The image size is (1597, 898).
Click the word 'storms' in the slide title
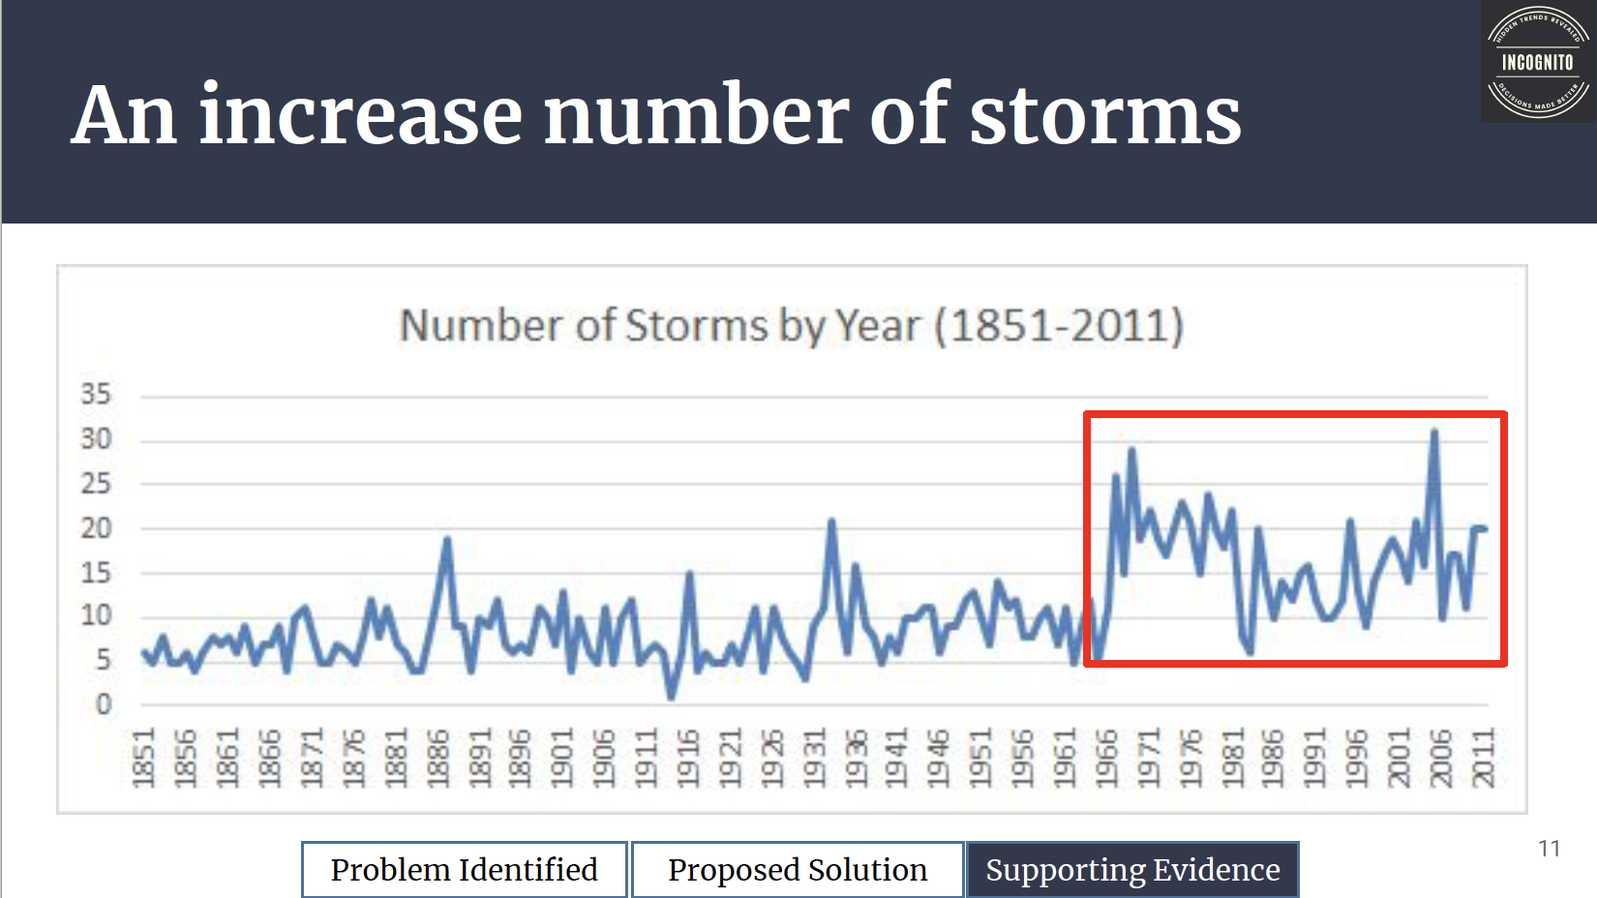pyautogui.click(x=1104, y=116)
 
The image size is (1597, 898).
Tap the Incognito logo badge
pyautogui.click(x=1537, y=63)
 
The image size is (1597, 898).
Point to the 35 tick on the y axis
pyautogui.click(x=96, y=395)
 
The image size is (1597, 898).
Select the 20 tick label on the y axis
pyautogui.click(x=96, y=528)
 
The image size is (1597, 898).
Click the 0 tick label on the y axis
pyautogui.click(x=104, y=704)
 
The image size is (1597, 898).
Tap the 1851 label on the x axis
pyautogui.click(x=143, y=758)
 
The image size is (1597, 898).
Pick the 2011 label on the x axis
pyautogui.click(x=1484, y=758)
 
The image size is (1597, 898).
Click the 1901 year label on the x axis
pyautogui.click(x=562, y=758)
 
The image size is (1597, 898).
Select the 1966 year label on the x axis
pyautogui.click(x=1106, y=758)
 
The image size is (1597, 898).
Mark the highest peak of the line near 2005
pyautogui.click(x=1434, y=432)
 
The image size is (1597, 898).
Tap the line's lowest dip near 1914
pyautogui.click(x=671, y=696)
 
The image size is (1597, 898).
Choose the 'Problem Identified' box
pyautogui.click(x=465, y=869)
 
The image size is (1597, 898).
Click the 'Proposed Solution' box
pyautogui.click(x=798, y=869)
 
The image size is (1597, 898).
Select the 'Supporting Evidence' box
pyautogui.click(x=1132, y=869)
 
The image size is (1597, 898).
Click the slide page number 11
pyautogui.click(x=1549, y=849)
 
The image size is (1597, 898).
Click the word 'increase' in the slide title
pyautogui.click(x=360, y=116)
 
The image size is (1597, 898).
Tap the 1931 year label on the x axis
pyautogui.click(x=814, y=758)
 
